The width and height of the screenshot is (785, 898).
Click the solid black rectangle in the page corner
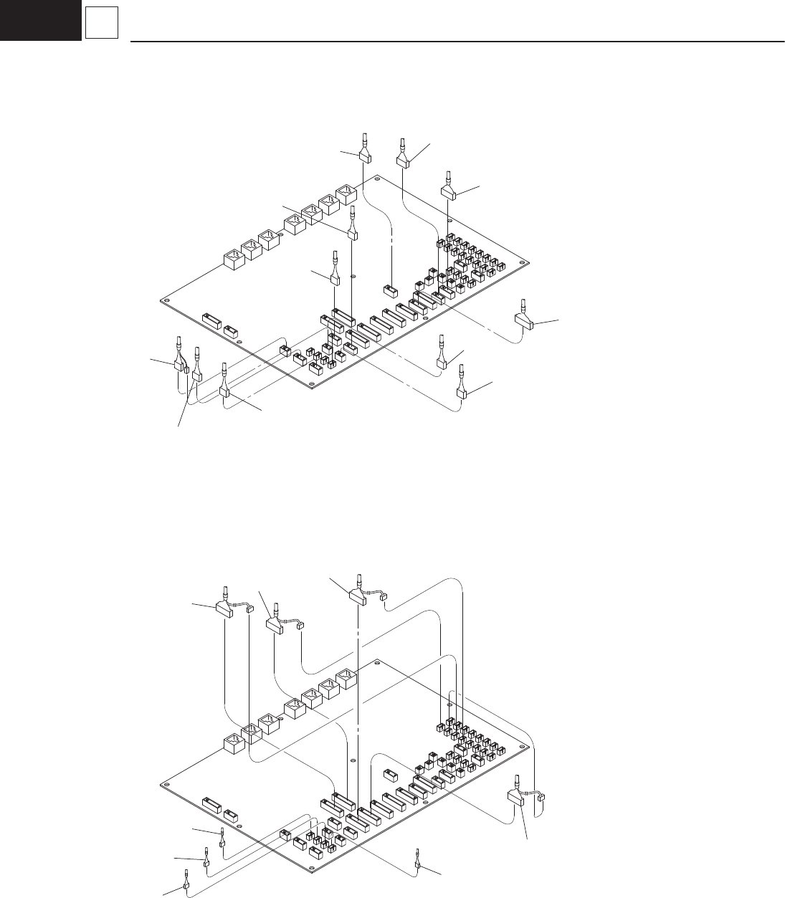[x=40, y=20]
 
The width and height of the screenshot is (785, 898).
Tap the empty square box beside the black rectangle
[x=101, y=26]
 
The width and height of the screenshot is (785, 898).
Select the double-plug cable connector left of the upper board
[x=179, y=365]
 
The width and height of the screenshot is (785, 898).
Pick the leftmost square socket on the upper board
[x=233, y=259]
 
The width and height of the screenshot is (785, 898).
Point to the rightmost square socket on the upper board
[x=346, y=193]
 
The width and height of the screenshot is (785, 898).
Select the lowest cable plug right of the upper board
[x=463, y=391]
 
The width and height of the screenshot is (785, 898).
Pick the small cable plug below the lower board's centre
[x=417, y=864]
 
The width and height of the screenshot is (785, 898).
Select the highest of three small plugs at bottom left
[x=222, y=843]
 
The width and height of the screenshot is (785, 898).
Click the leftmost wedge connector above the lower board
[x=225, y=608]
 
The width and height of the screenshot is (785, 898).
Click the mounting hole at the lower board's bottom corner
[x=311, y=872]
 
